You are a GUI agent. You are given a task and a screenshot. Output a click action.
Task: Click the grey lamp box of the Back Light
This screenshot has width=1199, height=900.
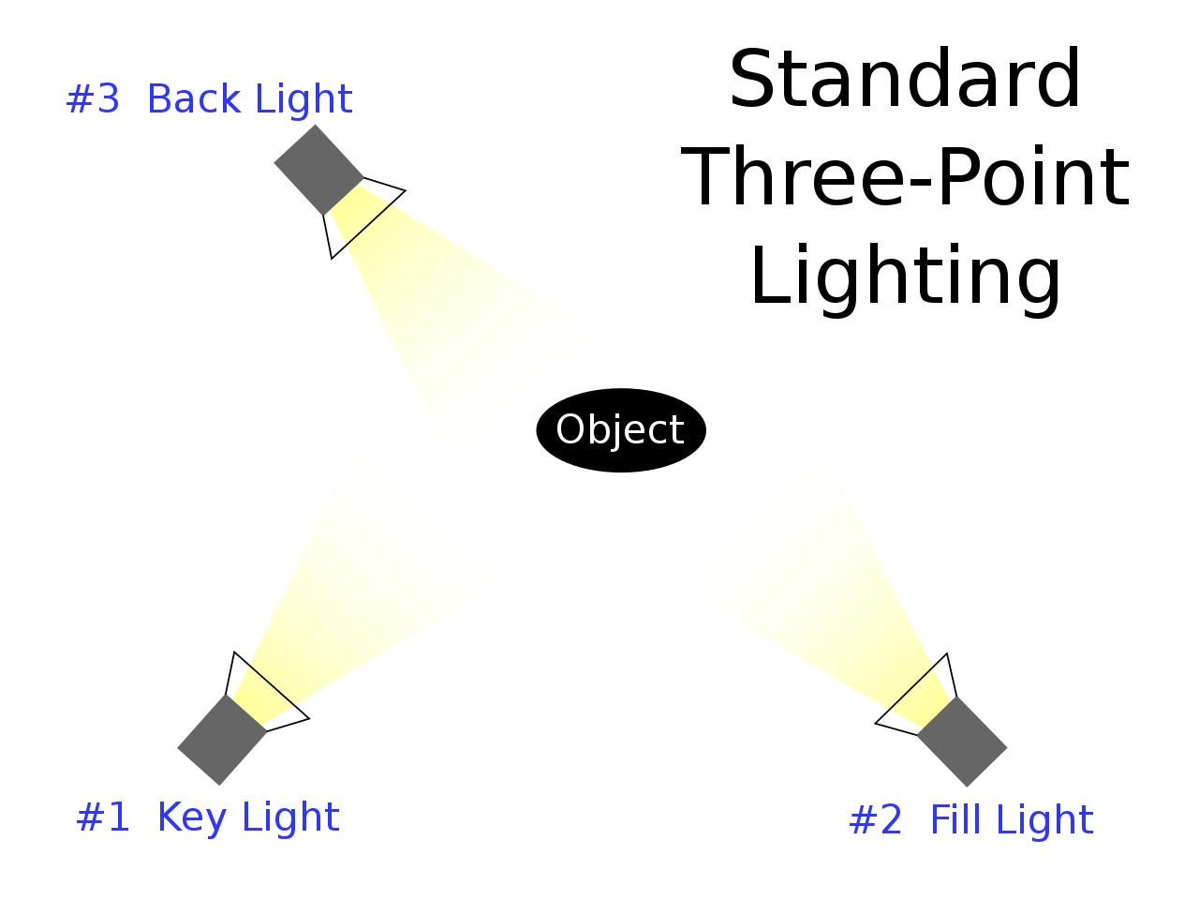point(318,170)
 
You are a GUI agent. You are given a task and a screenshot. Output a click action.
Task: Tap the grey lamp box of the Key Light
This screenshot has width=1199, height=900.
point(222,740)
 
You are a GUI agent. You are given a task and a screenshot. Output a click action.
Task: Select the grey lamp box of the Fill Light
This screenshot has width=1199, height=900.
point(962,742)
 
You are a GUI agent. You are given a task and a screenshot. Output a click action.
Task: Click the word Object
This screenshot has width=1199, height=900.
point(620,430)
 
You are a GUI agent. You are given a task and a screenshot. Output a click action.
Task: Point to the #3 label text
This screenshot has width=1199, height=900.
point(94,99)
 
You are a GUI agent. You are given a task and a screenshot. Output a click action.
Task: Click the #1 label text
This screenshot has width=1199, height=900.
point(103,817)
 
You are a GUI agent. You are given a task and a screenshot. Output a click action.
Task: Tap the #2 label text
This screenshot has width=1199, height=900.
point(876,820)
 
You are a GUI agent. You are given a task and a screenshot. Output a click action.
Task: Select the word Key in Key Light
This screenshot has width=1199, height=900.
point(192,818)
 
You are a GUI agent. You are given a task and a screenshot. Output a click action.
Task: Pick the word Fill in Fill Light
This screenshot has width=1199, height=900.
point(954,820)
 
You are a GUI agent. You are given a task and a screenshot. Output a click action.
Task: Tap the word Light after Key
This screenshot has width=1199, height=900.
point(290,817)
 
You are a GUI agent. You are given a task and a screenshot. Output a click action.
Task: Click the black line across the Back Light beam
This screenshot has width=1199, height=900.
point(368,225)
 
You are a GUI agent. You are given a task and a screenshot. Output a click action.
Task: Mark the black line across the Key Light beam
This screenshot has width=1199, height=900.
point(272,685)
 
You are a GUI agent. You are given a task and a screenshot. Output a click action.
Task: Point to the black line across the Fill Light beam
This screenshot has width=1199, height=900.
point(910,688)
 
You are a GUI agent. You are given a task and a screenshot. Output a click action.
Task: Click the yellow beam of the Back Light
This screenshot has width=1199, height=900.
point(468,347)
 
